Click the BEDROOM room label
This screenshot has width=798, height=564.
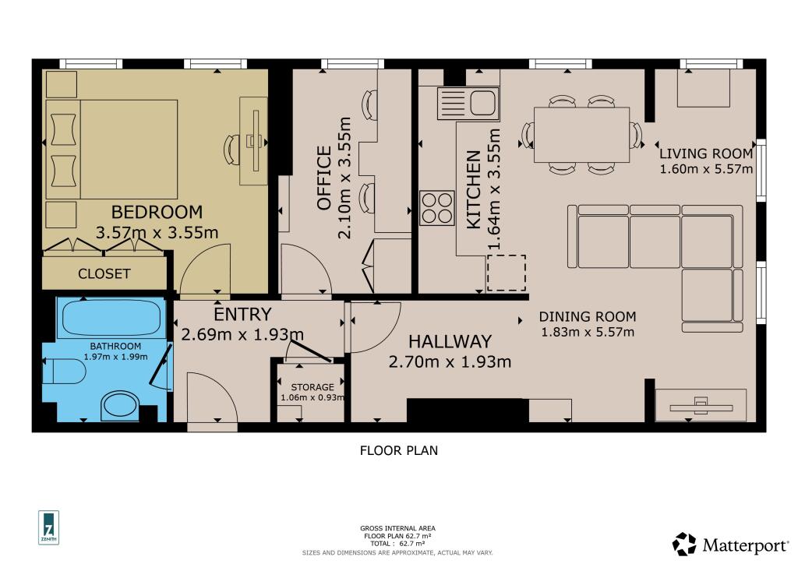pyautogui.click(x=157, y=211)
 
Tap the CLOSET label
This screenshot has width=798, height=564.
pyautogui.click(x=104, y=274)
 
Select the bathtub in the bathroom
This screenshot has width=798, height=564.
pyautogui.click(x=111, y=318)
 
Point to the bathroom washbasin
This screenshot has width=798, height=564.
pyautogui.click(x=118, y=405)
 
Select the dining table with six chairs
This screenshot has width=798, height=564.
pyautogui.click(x=581, y=135)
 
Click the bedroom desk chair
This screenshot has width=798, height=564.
pyautogui.click(x=233, y=147)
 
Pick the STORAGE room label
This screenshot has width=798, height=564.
pyautogui.click(x=312, y=387)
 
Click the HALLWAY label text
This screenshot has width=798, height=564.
pyautogui.click(x=450, y=341)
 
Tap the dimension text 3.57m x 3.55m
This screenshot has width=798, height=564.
pyautogui.click(x=157, y=232)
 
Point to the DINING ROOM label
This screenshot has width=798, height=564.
pyautogui.click(x=588, y=317)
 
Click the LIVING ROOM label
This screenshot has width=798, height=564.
pyautogui.click(x=706, y=153)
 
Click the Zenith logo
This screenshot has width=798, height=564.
pyautogui.click(x=49, y=528)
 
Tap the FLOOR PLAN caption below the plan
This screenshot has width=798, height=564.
pyautogui.click(x=399, y=450)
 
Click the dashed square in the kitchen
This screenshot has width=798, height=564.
pyautogui.click(x=507, y=273)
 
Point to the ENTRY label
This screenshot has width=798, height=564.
pyautogui.click(x=242, y=315)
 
